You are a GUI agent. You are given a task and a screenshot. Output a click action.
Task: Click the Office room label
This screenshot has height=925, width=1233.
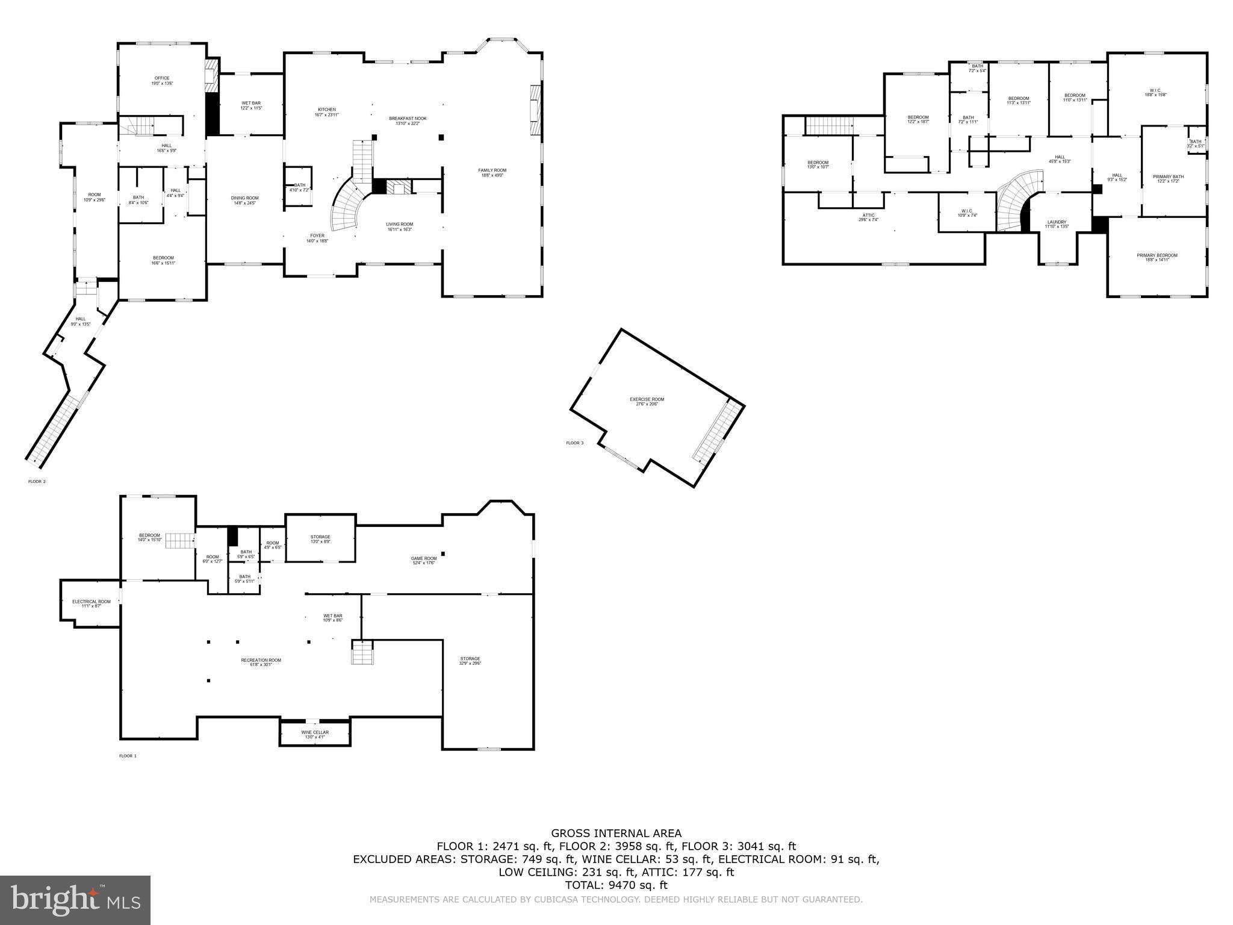coord(161,81)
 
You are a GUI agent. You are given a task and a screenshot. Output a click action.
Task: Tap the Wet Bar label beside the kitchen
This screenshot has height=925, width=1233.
coord(251,105)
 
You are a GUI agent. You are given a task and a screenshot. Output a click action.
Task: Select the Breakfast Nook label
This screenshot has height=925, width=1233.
coord(408,120)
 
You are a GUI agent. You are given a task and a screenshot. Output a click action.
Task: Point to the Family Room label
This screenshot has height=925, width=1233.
coord(492,173)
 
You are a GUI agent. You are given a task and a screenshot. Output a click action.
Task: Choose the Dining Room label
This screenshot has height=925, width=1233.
coord(244,201)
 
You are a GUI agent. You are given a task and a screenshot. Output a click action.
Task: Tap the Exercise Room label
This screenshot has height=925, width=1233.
coord(647,402)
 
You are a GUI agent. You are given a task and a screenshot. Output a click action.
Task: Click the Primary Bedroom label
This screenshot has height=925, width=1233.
coord(1157,257)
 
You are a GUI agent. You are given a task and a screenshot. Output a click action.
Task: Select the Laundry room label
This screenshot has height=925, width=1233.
coord(1056,224)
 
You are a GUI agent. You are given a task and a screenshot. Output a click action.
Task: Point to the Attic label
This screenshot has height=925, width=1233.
coord(868,217)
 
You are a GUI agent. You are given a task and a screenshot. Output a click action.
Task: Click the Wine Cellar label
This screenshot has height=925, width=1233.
coord(315,734)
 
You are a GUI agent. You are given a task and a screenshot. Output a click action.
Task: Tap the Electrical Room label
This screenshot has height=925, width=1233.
coord(92,603)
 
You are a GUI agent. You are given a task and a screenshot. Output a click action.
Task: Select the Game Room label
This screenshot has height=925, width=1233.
coord(424,560)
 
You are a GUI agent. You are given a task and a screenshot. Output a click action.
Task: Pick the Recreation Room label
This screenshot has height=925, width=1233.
coord(261,662)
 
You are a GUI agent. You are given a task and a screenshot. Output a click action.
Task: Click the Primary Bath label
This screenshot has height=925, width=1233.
coord(1168,179)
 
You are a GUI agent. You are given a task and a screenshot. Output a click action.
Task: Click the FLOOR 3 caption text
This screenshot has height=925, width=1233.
coord(574,443)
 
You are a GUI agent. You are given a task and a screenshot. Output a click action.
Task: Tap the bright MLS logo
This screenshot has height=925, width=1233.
coord(75,900)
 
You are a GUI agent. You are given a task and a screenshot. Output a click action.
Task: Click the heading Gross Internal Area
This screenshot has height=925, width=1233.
coord(616,833)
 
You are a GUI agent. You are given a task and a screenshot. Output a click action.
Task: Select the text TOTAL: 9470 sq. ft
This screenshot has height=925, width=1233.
coord(616,885)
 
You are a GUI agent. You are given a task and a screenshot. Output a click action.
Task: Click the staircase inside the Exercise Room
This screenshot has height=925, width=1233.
coord(718,431)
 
